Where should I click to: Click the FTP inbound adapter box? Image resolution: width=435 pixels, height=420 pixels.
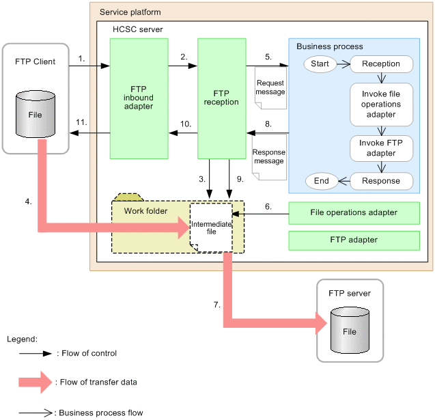click(x=139, y=98)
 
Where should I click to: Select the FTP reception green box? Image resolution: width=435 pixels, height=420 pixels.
click(x=221, y=98)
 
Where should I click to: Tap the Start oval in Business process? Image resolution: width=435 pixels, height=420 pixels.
click(x=320, y=64)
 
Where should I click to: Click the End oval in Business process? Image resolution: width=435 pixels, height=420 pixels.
click(x=320, y=181)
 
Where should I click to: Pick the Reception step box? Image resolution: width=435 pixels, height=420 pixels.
click(x=381, y=64)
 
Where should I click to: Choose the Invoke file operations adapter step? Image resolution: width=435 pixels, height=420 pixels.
click(x=381, y=104)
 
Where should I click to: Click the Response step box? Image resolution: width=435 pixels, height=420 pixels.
click(x=381, y=181)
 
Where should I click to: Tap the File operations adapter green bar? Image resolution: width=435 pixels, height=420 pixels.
click(x=354, y=212)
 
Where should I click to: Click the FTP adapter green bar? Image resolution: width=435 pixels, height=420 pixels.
click(x=354, y=240)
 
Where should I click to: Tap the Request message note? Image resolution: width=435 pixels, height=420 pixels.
click(x=270, y=88)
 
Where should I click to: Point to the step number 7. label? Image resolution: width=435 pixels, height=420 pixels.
click(x=216, y=305)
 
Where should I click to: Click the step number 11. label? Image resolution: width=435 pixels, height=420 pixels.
click(x=81, y=122)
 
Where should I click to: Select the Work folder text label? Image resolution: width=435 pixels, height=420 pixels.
click(x=145, y=210)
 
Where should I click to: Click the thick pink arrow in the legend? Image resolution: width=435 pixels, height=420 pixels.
click(x=34, y=382)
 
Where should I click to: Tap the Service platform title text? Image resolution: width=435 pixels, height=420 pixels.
click(x=130, y=13)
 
